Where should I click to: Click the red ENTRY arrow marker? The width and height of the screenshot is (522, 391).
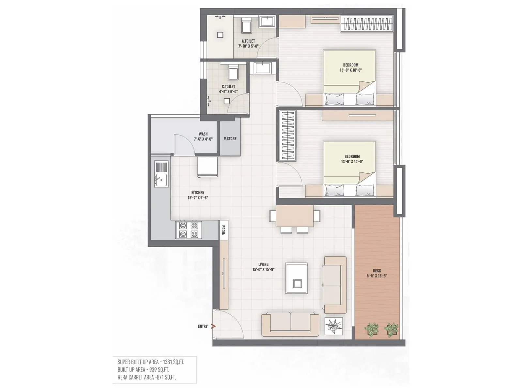pyautogui.click(x=213, y=326)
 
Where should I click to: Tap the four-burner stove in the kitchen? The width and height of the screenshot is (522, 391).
pyautogui.click(x=189, y=230)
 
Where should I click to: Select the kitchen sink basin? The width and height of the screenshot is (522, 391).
pyautogui.click(x=161, y=180)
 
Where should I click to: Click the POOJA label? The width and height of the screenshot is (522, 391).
pyautogui.click(x=223, y=230)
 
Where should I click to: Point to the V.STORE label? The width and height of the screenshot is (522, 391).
pyautogui.click(x=230, y=138)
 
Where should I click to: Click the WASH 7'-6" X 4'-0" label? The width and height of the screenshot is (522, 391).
pyautogui.click(x=203, y=137)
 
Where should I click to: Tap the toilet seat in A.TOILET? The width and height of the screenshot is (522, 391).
pyautogui.click(x=246, y=26)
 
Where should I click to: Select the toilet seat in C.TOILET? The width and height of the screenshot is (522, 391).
pyautogui.click(x=233, y=72)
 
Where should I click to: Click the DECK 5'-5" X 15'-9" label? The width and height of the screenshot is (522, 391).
pyautogui.click(x=377, y=273)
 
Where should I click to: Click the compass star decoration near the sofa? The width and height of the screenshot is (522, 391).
pyautogui.click(x=334, y=326)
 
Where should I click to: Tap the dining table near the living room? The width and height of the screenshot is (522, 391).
pyautogui.click(x=295, y=216)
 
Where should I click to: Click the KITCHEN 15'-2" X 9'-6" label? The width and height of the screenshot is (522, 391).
pyautogui.click(x=198, y=195)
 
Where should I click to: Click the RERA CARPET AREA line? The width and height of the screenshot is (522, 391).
pyautogui.click(x=147, y=377)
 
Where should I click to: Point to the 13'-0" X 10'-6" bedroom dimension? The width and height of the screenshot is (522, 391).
pyautogui.click(x=351, y=70)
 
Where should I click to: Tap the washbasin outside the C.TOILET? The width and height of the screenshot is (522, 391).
pyautogui.click(x=262, y=68)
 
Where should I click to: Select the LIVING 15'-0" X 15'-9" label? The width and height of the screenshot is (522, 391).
pyautogui.click(x=263, y=267)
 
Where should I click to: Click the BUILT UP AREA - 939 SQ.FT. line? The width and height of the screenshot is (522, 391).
pyautogui.click(x=143, y=369)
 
